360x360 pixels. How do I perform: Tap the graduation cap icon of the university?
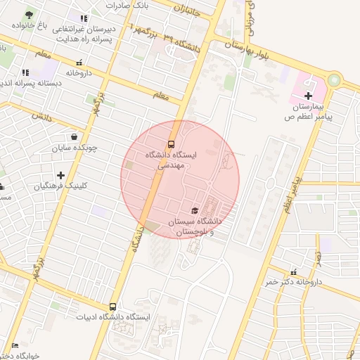[x=195, y=210]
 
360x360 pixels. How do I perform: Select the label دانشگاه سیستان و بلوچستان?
[x=195, y=226]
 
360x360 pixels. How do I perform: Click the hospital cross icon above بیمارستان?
[x=308, y=95]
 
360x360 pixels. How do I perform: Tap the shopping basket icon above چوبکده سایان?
[x=74, y=137]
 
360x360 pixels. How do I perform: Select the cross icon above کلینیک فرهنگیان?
[x=61, y=175]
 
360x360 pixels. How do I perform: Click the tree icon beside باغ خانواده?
[x=29, y=15]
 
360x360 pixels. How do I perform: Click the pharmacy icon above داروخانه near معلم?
[x=78, y=63]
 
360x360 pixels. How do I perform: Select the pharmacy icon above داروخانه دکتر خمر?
[x=293, y=272]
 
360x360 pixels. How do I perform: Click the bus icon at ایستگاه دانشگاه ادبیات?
[x=112, y=307]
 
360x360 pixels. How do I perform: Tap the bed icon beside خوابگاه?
[x=15, y=345]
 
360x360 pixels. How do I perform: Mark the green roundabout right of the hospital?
[x=333, y=81]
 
